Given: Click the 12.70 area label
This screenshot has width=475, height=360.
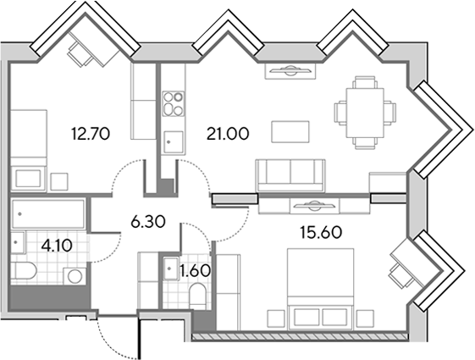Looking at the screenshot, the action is (91, 134).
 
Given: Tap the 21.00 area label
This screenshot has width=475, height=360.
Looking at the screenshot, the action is (228, 134).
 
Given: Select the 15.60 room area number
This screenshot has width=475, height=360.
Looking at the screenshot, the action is (321, 232).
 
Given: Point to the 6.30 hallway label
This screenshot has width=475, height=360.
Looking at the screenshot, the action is (148, 222).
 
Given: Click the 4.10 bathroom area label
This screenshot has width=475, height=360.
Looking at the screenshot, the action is (57, 246).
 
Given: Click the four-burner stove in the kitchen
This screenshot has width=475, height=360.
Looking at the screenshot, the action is (174, 104).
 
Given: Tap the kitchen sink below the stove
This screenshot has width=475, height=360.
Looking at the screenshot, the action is (174, 142).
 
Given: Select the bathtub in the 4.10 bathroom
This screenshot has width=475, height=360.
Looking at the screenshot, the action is (48, 213).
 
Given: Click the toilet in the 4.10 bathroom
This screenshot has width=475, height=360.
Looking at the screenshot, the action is (24, 271).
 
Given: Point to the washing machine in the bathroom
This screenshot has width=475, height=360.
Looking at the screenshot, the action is (75, 276).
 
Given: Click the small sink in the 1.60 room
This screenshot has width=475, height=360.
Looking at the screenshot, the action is (171, 269).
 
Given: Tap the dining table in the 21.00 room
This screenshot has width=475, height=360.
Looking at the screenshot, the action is (365, 113).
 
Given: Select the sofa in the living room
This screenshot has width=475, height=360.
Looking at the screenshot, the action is (290, 175).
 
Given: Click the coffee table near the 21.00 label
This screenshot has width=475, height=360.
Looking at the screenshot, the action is (290, 131).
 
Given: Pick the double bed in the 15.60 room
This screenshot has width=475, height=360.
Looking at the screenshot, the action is (321, 289).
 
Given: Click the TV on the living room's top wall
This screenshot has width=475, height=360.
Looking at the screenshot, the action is (290, 71).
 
